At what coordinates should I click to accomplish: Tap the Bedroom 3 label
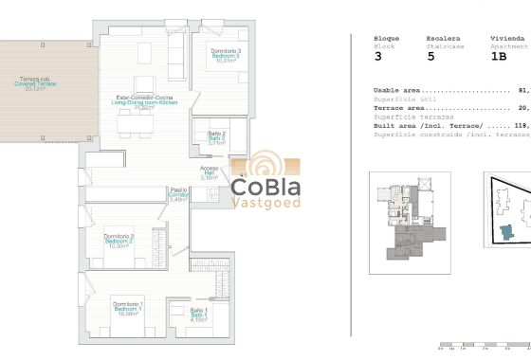(x=225, y=55)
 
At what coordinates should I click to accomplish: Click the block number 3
(x=378, y=57)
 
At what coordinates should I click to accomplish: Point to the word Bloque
(x=386, y=38)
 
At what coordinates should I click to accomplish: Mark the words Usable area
(x=397, y=91)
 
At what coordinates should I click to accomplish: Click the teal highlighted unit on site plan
(x=511, y=232)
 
